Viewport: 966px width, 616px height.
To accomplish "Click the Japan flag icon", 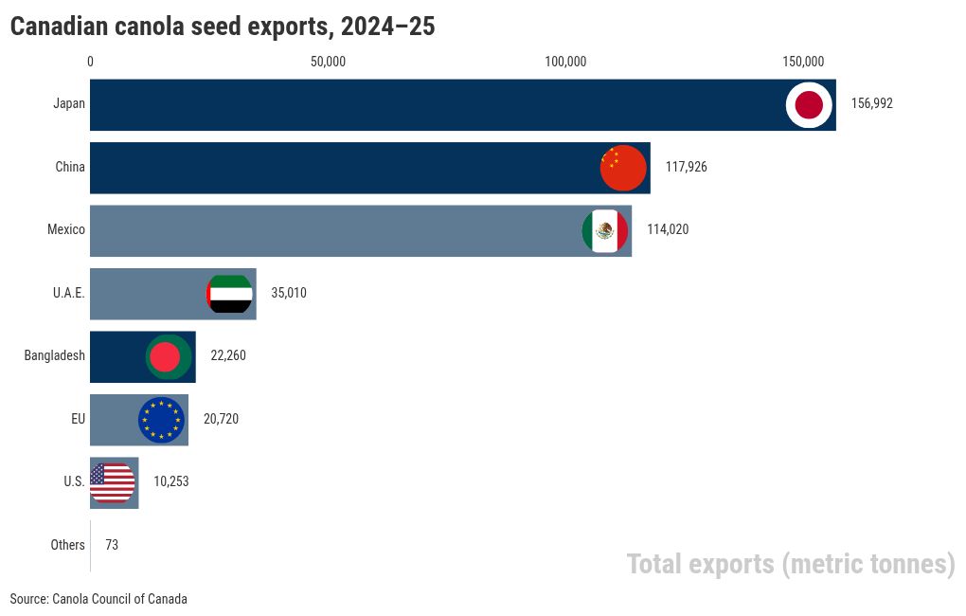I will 809,104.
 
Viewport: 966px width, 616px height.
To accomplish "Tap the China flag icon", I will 623,169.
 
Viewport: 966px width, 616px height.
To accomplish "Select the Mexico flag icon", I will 604,230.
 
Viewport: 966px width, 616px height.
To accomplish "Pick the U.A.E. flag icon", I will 229,294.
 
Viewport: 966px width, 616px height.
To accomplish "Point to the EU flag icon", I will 161,420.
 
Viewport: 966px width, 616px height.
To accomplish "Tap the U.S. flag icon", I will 112,482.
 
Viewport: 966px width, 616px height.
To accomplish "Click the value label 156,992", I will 871,104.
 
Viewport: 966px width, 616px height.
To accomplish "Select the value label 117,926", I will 686,168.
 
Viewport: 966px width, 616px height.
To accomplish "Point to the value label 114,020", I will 668,230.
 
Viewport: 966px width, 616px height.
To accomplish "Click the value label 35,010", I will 289,294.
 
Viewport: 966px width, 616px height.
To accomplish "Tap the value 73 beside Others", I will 112,546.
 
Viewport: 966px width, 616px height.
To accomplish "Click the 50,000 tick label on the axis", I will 328,63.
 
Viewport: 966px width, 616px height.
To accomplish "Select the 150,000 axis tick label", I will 802,63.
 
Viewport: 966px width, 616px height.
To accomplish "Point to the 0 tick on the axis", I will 91,63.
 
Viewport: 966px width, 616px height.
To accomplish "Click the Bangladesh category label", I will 55,356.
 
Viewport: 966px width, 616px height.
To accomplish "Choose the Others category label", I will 67,546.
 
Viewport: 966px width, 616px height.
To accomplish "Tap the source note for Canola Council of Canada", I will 98,599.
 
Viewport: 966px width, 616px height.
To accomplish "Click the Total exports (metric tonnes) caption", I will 791,565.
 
